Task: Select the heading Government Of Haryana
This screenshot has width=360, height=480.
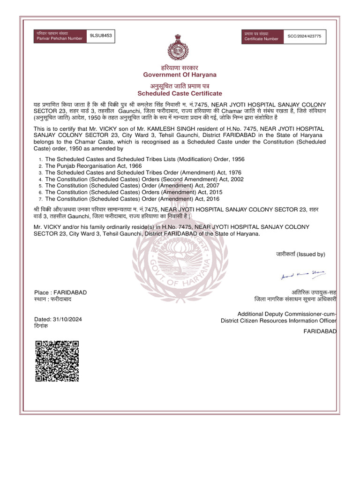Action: click(180, 75)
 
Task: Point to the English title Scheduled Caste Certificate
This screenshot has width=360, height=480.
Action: click(180, 94)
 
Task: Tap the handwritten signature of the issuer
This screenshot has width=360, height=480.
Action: click(303, 275)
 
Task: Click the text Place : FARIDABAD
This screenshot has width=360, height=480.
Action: click(60, 292)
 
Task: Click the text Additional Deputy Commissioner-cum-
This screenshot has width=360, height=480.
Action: click(287, 314)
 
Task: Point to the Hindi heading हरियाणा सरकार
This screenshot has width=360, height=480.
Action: click(180, 68)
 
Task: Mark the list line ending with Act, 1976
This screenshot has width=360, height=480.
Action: click(143, 172)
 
